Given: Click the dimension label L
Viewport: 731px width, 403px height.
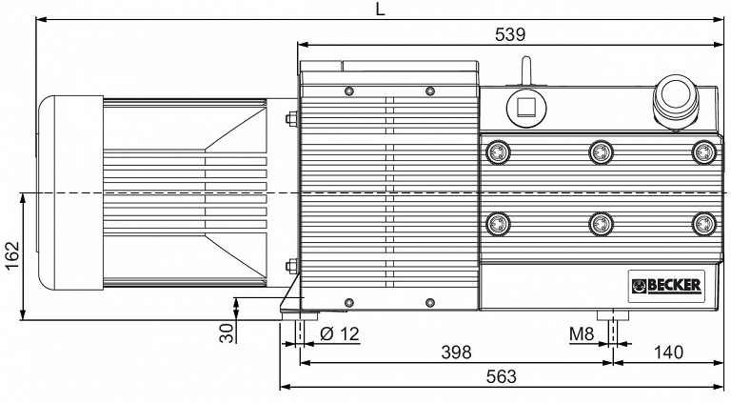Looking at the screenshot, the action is point(381,9).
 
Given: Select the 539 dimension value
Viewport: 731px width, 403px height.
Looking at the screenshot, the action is point(510,34).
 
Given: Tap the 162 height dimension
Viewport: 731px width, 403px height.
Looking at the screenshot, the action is point(12,255).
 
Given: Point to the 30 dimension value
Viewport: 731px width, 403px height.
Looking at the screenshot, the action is point(227,333).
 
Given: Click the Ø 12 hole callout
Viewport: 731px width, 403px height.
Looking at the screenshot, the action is point(341,334).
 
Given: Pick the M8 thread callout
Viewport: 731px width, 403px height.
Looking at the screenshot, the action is point(582,334).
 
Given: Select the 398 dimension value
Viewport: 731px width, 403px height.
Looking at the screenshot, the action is point(457,353).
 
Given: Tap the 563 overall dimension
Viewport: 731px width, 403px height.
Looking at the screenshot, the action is point(502,376).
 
